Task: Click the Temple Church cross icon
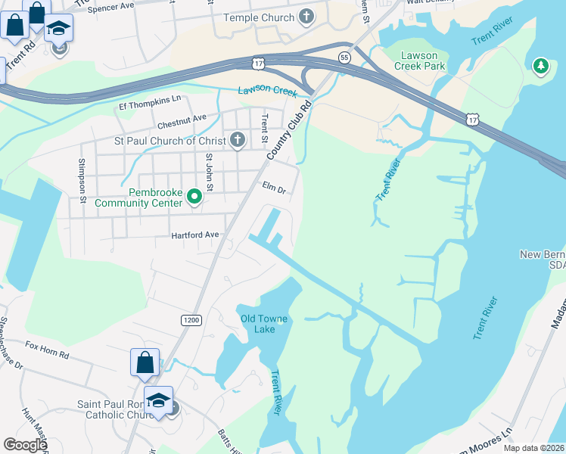point(306,17)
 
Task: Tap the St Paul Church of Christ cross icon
point(238,140)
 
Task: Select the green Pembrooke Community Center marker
point(194,197)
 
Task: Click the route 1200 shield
point(191,320)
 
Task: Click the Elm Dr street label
point(274,191)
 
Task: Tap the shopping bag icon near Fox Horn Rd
point(145,362)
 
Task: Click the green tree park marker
point(540,67)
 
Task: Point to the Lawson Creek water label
point(266,90)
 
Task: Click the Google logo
point(26,445)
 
